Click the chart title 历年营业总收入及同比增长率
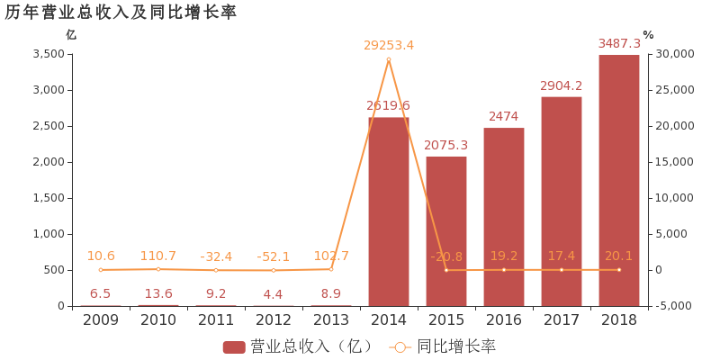click(121, 12)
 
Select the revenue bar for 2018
click(619, 180)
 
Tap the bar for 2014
click(389, 211)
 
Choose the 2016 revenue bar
click(504, 217)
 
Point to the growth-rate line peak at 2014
click(389, 59)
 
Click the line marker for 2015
click(446, 270)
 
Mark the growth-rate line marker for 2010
click(158, 269)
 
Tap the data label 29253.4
click(389, 45)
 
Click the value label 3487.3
click(619, 43)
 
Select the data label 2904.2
click(562, 85)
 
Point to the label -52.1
click(274, 256)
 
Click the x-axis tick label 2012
click(274, 319)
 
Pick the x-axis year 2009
click(101, 319)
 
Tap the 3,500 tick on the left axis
click(49, 54)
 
